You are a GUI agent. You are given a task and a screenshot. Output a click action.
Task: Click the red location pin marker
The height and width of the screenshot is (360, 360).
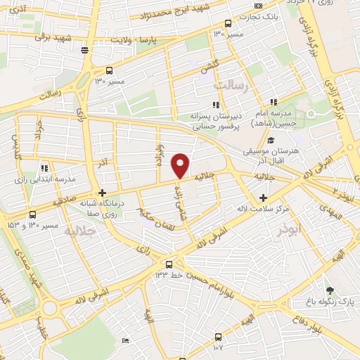click(180, 165)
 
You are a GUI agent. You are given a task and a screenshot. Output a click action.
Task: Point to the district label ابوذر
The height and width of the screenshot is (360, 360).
click(288, 230)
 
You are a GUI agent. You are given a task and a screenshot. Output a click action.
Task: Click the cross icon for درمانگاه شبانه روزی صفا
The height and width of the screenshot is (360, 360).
click(103, 193)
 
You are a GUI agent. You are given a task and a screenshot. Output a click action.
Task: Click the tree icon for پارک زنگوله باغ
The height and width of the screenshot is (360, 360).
click(329, 289)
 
